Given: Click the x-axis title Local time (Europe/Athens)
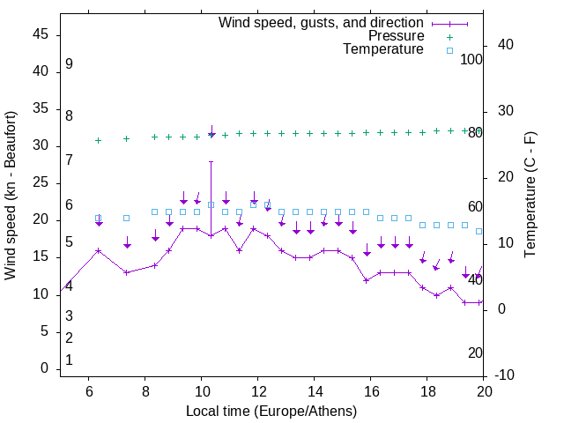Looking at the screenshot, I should coord(271,412).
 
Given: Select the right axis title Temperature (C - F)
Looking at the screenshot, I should coord(531,196).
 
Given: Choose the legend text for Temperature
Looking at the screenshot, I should coord(383,49).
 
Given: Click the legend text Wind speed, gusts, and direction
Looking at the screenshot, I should coord(322,22).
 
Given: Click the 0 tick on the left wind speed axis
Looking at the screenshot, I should coord(44,368).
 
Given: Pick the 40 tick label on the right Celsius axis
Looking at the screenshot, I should coord(494,45).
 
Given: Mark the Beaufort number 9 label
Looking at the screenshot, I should coord(69,64).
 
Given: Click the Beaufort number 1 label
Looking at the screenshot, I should coord(69,360).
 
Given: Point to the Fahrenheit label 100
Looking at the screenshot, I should coord(472,59).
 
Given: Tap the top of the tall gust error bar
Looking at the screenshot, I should coord(211,161).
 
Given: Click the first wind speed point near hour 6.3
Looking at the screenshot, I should coord(99,250).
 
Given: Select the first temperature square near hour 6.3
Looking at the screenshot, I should coord(99,218).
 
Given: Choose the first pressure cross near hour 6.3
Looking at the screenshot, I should coord(99,140).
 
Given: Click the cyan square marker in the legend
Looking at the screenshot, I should coord(449,50).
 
